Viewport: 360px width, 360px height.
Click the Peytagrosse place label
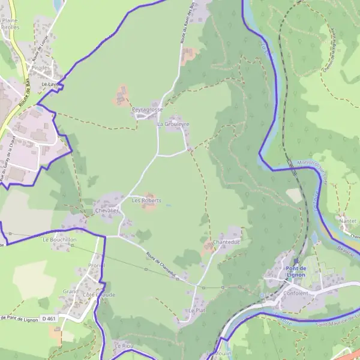147,110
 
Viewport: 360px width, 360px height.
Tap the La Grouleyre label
173,124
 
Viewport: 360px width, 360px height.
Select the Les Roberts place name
146,200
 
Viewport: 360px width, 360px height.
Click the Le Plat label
197,311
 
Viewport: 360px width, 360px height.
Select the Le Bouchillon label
59,239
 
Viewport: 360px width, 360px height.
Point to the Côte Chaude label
99,295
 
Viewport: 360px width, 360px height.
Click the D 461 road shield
49,319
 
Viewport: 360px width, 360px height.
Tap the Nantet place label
348,221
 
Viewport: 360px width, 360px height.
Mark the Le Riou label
122,346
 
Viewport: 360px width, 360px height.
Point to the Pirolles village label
41,68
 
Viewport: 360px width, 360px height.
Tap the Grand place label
70,292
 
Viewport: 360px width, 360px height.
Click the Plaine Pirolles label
10,24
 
